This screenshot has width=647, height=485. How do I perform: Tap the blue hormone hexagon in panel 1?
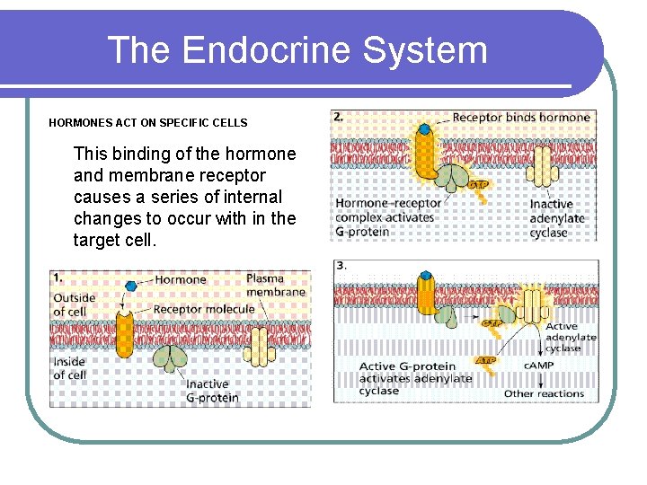(x=132, y=285)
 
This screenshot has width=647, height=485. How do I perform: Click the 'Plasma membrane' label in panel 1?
(x=275, y=285)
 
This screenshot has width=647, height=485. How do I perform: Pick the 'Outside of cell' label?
(x=74, y=304)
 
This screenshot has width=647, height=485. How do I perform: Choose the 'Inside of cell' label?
(x=70, y=368)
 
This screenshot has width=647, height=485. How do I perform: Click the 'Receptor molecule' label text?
(x=204, y=310)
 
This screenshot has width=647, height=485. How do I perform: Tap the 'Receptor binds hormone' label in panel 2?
(x=521, y=118)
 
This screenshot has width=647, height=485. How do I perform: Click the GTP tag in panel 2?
(x=478, y=184)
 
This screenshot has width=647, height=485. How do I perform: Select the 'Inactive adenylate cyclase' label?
(x=557, y=218)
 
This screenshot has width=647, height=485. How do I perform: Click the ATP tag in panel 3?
(x=484, y=361)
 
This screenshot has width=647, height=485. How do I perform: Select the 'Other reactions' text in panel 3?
(x=544, y=393)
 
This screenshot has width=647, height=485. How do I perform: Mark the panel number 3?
(x=340, y=266)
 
